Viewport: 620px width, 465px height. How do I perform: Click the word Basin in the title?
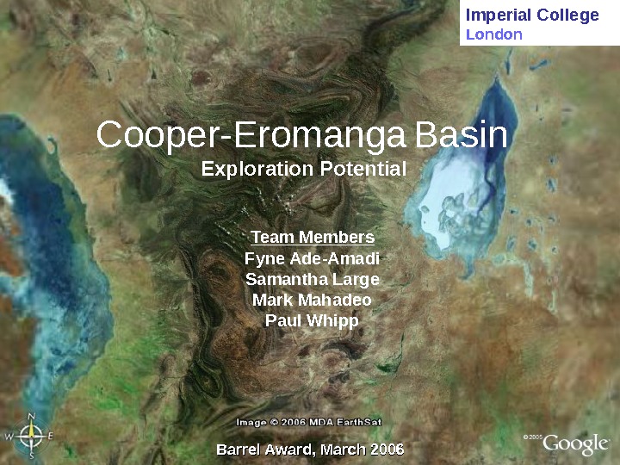pyautogui.click(x=462, y=136)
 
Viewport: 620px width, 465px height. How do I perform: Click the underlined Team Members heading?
pyautogui.click(x=312, y=238)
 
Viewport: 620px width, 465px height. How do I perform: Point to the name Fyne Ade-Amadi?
pyautogui.click(x=312, y=258)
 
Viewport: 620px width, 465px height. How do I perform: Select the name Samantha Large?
pyautogui.click(x=312, y=279)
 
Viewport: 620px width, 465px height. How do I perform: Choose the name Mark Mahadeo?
pyautogui.click(x=312, y=300)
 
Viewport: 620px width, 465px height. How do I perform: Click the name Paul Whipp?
pyautogui.click(x=312, y=320)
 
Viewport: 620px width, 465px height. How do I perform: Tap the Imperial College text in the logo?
pyautogui.click(x=531, y=15)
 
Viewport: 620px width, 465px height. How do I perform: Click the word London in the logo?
pyautogui.click(x=493, y=34)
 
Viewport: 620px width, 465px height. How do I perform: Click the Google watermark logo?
pyautogui.click(x=575, y=443)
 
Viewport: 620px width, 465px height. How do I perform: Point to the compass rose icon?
pyautogui.click(x=31, y=436)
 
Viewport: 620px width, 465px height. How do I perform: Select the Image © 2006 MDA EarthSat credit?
pyautogui.click(x=309, y=422)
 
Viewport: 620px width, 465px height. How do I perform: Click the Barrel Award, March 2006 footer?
pyautogui.click(x=310, y=449)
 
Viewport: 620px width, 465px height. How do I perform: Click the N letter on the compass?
pyautogui.click(x=31, y=417)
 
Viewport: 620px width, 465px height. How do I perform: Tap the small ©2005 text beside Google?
pyautogui.click(x=533, y=437)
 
